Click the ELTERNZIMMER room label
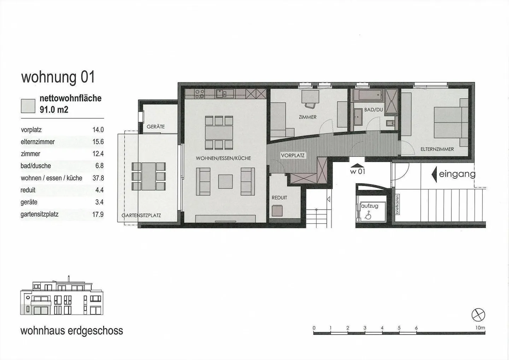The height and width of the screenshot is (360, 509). (x=437, y=149)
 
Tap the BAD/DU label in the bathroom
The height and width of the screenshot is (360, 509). (x=374, y=110)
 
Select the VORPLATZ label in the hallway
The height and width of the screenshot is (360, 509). (x=292, y=155)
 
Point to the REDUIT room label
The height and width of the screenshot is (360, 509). (x=279, y=197)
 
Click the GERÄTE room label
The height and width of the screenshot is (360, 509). (x=156, y=126)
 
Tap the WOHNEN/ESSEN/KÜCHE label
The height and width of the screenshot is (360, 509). (x=223, y=158)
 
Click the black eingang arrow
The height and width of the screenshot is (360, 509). (x=434, y=174)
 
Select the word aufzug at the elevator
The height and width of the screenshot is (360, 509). (x=370, y=206)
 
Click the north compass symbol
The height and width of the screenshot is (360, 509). (x=478, y=315)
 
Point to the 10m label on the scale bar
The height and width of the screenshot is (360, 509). (x=480, y=328)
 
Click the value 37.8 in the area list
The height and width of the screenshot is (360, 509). (x=98, y=178)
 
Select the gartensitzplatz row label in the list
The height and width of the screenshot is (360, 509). (x=39, y=214)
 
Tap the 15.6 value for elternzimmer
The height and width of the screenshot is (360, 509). (x=98, y=142)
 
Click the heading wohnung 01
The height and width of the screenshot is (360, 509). (x=58, y=77)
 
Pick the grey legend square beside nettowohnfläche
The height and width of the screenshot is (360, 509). (x=28, y=106)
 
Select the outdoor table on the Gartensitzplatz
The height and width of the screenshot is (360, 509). (x=149, y=176)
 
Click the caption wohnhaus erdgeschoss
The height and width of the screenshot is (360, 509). (x=72, y=331)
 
